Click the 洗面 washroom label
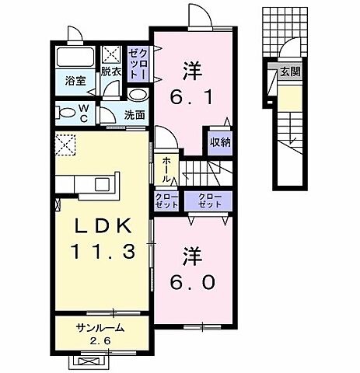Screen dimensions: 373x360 pyautogui.click(x=135, y=114)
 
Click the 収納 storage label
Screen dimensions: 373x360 pyautogui.click(x=219, y=142)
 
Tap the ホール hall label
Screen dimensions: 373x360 pyautogui.click(x=166, y=168)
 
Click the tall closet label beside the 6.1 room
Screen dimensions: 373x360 pyautogui.click(x=138, y=62)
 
